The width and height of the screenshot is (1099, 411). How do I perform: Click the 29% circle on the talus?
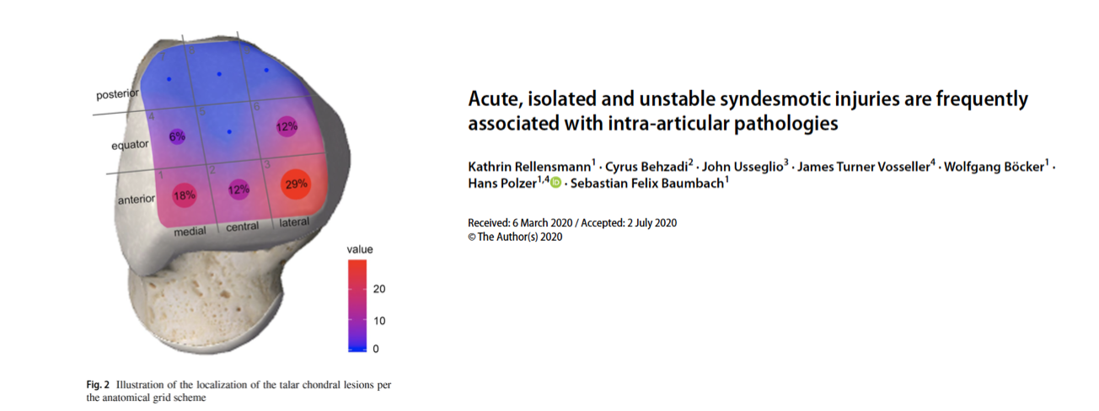296,184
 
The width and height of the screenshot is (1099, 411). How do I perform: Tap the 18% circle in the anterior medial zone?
185,195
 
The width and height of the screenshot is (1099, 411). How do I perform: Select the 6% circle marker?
177,136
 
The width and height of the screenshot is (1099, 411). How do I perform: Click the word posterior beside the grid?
117,93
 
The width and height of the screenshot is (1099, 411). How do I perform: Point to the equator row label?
130,145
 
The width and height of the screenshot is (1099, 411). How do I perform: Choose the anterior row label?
137,199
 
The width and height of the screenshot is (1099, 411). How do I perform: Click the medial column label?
190,231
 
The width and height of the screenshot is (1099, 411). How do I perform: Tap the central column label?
243,227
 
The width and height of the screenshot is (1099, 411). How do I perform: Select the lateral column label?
294,222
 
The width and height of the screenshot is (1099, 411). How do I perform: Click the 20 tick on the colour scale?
379,289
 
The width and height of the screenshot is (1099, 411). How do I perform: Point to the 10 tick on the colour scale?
379,321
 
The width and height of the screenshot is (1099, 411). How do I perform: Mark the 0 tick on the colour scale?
376,349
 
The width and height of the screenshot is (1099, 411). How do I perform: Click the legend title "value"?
360,249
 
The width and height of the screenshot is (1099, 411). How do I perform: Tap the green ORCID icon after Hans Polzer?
555,183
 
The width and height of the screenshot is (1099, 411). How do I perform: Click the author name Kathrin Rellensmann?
529,167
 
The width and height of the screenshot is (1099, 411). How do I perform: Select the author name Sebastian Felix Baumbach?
647,184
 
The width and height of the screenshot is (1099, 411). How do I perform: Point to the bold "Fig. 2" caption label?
98,385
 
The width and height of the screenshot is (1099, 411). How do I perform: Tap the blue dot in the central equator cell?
229,132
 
